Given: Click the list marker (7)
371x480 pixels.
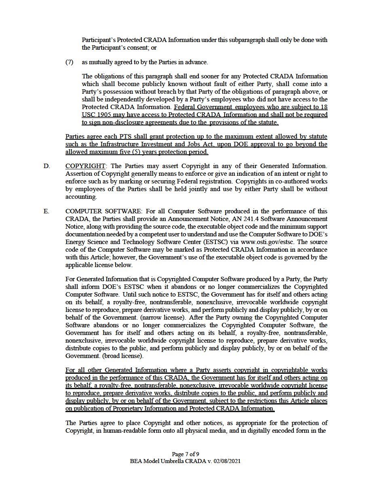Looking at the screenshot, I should (69, 62).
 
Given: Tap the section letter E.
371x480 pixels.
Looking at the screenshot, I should (46, 211).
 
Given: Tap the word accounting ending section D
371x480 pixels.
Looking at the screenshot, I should (81, 197).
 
